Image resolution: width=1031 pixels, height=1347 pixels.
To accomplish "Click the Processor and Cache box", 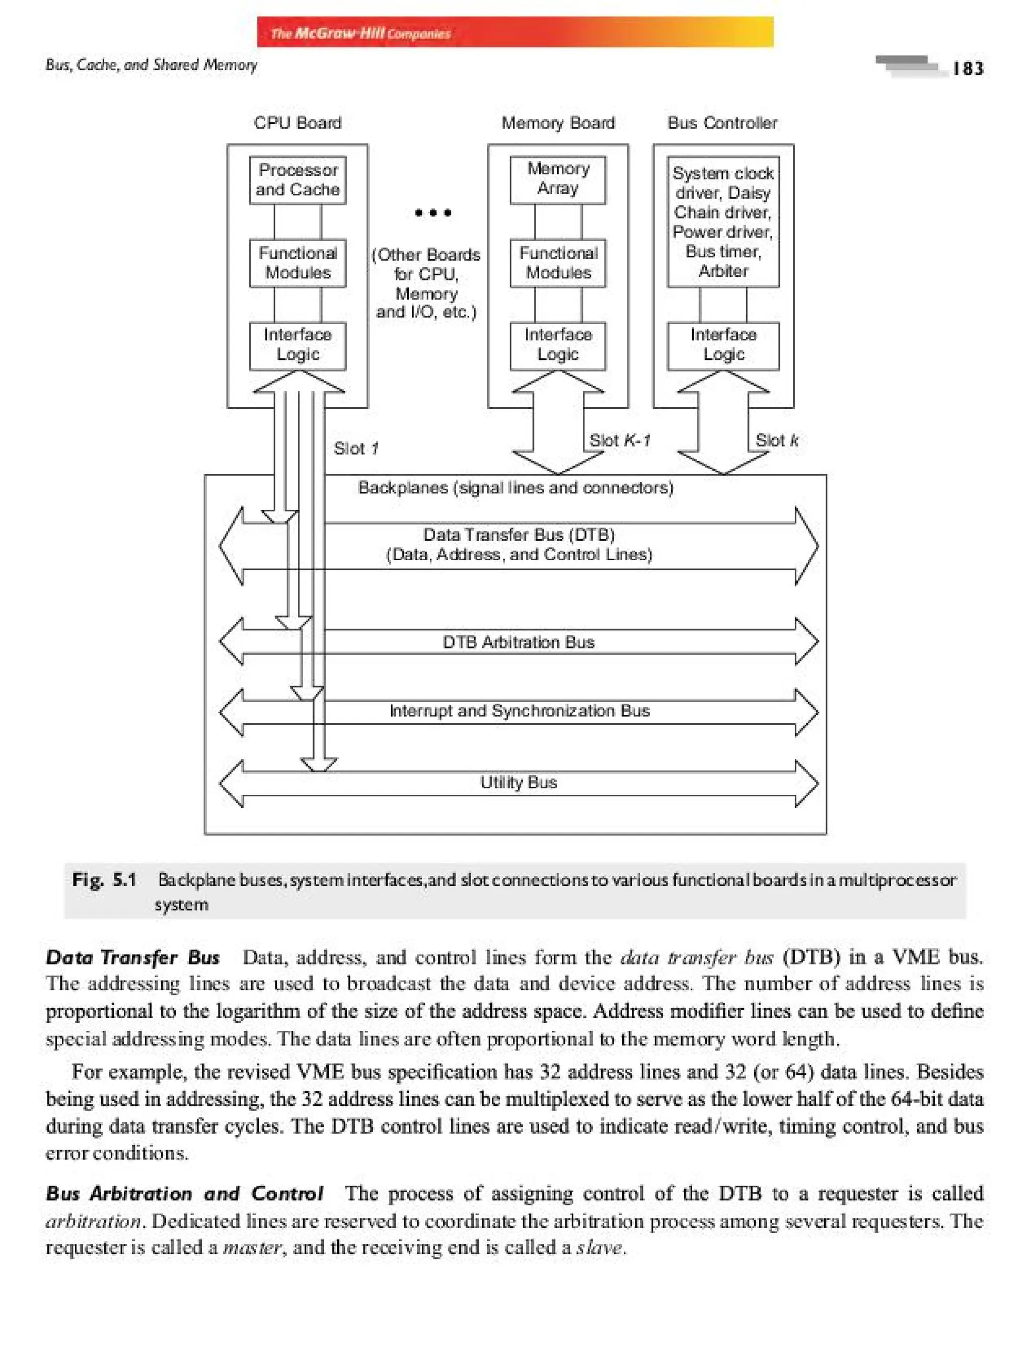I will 298,180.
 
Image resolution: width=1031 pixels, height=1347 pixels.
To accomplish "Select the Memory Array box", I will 558,179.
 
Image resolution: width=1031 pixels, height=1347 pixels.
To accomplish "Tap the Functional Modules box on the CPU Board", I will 298,263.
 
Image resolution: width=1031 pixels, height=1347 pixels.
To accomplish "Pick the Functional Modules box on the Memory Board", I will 558,263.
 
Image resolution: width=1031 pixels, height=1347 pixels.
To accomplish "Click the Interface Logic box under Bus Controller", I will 723,345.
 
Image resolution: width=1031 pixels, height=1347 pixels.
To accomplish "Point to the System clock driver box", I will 723,221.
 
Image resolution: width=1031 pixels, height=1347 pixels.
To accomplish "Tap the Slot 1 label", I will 356,448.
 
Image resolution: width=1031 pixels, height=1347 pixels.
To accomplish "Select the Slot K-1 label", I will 619,440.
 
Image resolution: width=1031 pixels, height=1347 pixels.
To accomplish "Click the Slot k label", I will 776,440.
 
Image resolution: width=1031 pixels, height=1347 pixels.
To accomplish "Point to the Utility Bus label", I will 519,782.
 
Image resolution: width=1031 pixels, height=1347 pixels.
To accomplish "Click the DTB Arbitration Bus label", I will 519,642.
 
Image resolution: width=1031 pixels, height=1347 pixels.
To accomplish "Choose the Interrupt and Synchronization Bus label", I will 519,711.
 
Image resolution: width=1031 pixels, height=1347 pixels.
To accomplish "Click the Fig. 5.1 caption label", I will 104,880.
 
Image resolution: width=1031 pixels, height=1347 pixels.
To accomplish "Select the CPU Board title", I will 298,123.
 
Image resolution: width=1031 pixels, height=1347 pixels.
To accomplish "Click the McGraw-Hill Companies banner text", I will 360,33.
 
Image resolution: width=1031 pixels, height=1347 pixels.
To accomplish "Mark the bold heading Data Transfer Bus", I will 132,958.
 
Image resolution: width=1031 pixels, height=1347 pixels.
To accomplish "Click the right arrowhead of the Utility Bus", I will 806,784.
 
